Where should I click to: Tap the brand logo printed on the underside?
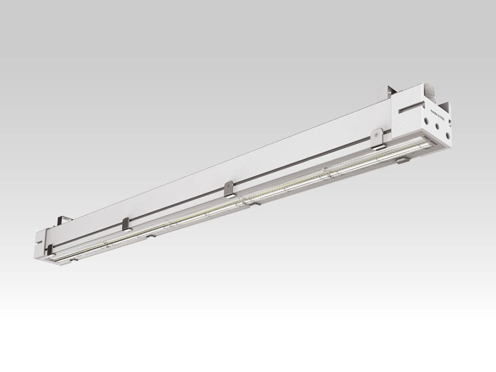point(429,139)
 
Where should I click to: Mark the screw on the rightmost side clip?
point(377,134)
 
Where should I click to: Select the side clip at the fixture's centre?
point(229,189)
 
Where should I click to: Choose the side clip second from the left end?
point(126,224)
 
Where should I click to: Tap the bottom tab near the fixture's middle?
point(254,204)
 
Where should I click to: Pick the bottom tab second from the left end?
point(151,235)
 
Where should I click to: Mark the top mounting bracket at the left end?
point(64,220)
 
